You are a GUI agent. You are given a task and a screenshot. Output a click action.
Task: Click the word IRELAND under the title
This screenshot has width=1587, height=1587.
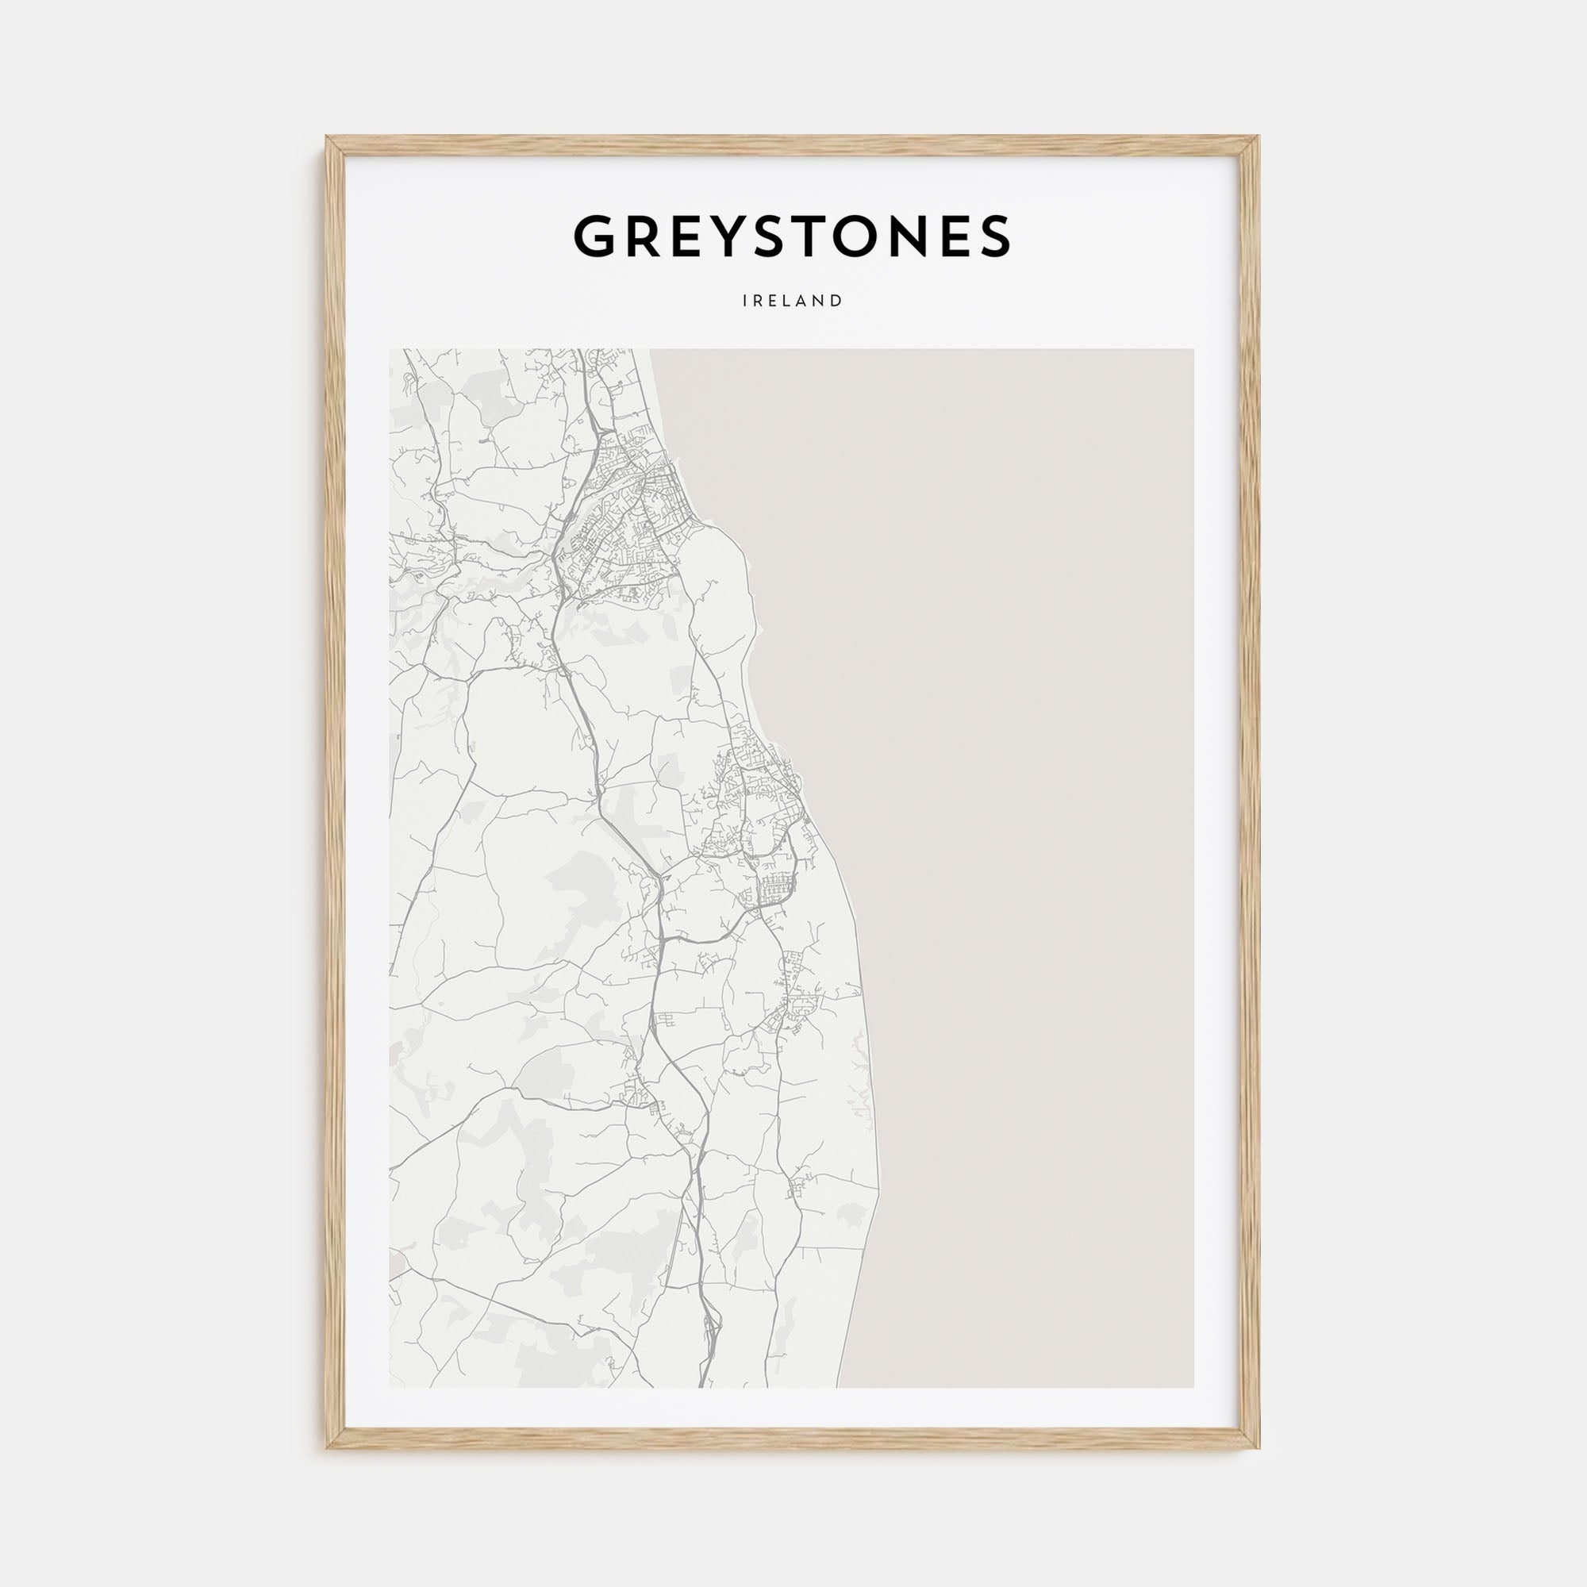click(x=793, y=302)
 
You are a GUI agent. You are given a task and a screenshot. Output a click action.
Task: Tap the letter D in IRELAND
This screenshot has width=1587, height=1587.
click(x=838, y=302)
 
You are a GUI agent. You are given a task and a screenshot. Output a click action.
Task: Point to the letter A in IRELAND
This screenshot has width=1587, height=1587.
click(x=804, y=302)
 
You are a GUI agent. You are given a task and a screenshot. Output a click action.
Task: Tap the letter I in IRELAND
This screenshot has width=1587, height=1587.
click(x=745, y=302)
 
